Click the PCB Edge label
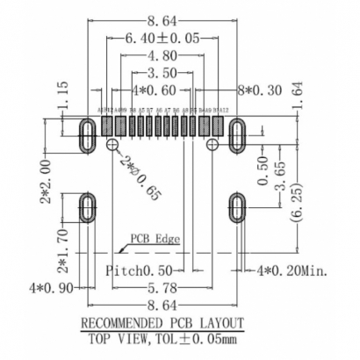[153, 238]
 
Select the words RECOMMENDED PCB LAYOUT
[162, 322]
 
